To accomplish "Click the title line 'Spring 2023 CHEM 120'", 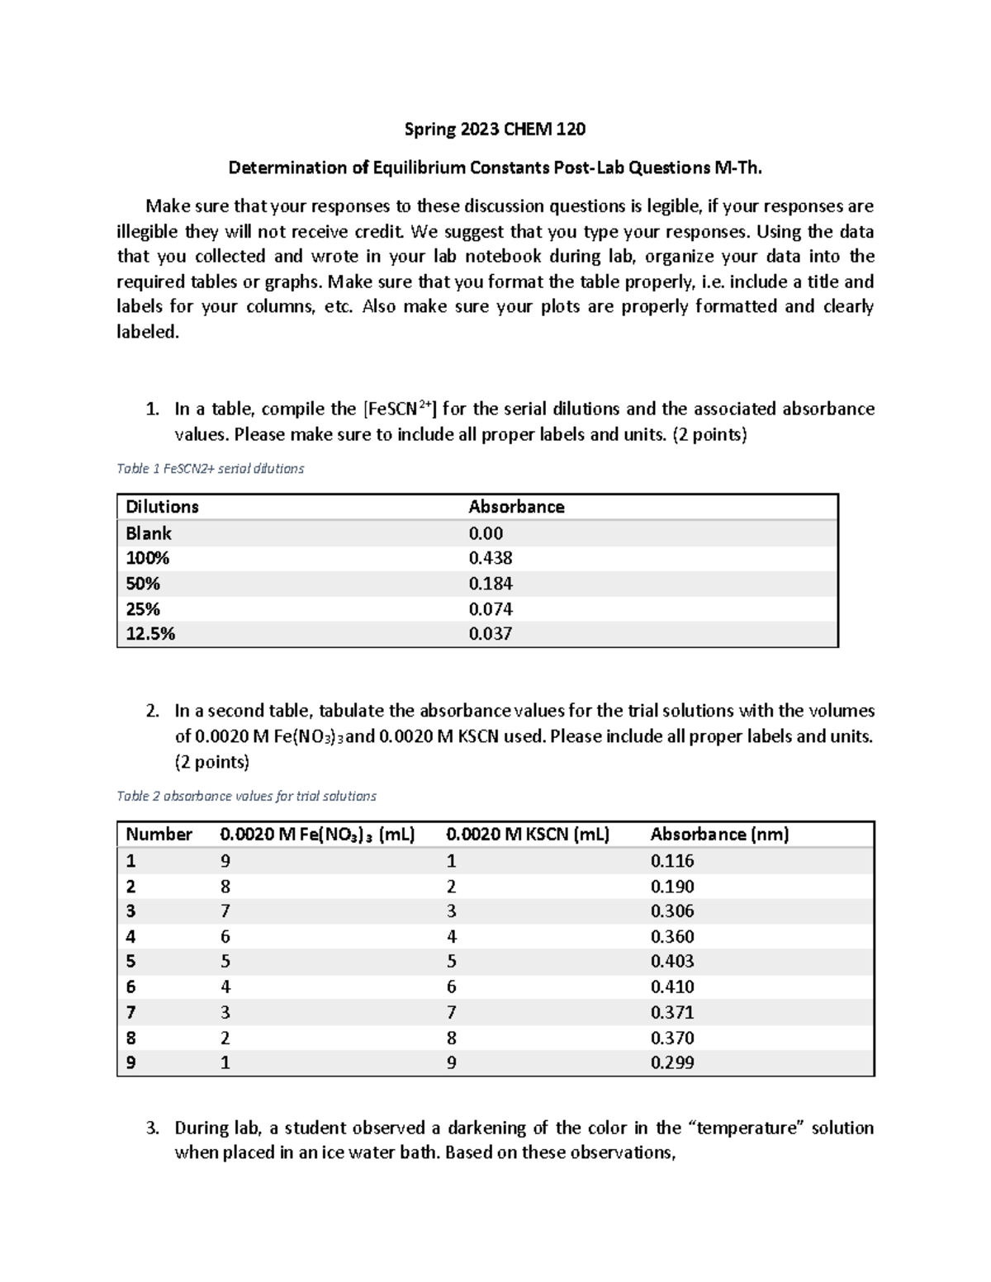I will click(x=495, y=129).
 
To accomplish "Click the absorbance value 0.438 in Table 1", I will click(x=491, y=558).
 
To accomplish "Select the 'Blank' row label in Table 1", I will click(x=149, y=533).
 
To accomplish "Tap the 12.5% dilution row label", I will click(x=150, y=634).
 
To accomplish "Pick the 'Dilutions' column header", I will click(x=162, y=507).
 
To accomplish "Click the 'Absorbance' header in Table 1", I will click(x=516, y=507).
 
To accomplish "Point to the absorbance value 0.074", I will click(x=491, y=609).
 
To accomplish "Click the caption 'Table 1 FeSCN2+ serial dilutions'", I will click(x=211, y=469).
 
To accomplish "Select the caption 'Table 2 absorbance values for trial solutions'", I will click(x=246, y=797).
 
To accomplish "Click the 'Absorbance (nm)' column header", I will click(x=719, y=835).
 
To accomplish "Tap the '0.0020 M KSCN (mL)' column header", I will click(x=528, y=835).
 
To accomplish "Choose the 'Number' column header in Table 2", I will click(x=159, y=835).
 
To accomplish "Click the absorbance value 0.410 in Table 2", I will click(x=672, y=987).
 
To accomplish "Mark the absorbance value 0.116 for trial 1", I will click(x=672, y=861).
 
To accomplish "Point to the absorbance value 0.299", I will click(x=672, y=1063).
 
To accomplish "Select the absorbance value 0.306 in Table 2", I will click(x=672, y=911).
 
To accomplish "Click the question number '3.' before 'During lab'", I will click(x=153, y=1128).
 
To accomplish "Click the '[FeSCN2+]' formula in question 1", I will click(x=399, y=409).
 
